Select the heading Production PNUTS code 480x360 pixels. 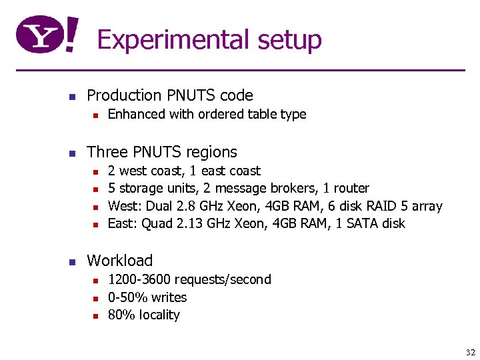(x=170, y=95)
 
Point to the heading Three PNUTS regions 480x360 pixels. (x=162, y=152)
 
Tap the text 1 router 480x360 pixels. (x=347, y=188)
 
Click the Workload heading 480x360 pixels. (x=120, y=261)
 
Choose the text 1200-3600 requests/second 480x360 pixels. (x=189, y=279)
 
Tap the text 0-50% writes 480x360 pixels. (x=147, y=297)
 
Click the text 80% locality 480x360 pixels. (x=144, y=315)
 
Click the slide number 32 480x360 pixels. (x=471, y=353)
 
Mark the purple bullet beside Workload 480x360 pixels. (x=73, y=261)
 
